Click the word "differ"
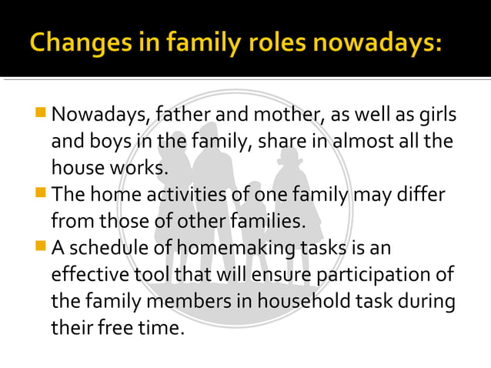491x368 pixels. (422, 196)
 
